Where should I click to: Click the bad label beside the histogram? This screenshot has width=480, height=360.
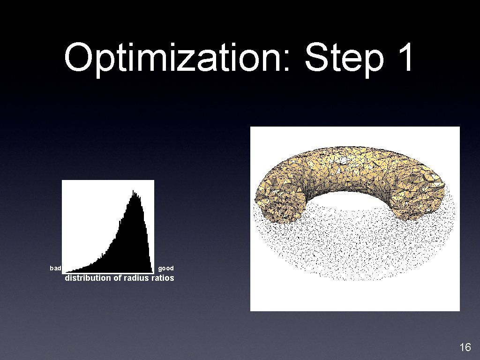[x=55, y=268]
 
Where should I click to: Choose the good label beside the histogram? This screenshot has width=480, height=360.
[x=166, y=268]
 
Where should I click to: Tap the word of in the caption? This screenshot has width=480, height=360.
[x=118, y=278]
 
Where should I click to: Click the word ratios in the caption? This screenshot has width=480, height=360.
[x=162, y=278]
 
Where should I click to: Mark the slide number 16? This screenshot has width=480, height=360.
[x=465, y=347]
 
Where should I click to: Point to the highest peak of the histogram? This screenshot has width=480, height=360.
[x=134, y=192]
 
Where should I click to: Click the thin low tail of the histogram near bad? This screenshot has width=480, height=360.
[x=80, y=270]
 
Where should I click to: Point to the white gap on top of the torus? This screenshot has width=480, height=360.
[x=344, y=161]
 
